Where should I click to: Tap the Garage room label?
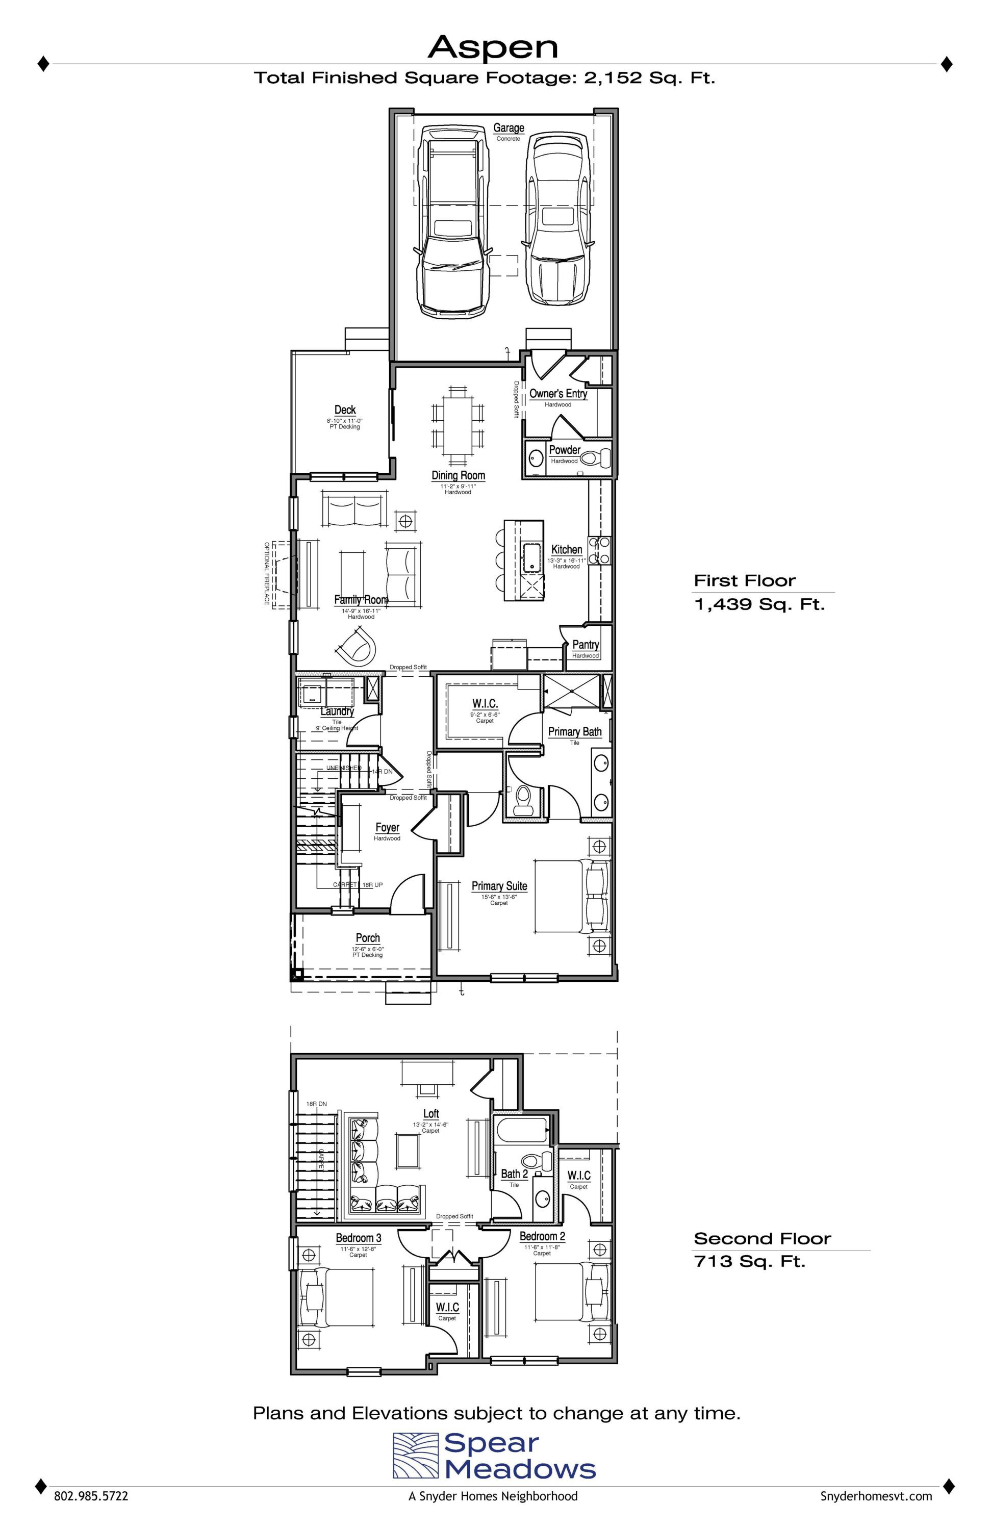coord(509,128)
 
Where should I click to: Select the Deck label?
coord(345,410)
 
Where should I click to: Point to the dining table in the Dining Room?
coord(458,427)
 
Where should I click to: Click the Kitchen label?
coord(566,550)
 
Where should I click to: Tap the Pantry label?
coord(586,644)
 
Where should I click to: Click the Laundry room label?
coord(337,711)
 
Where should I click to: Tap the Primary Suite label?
coord(499,886)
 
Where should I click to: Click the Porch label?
coord(368,938)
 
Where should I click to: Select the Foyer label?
coord(387,827)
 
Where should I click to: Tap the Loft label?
coord(430,1113)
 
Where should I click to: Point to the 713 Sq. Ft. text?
coord(750,1261)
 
